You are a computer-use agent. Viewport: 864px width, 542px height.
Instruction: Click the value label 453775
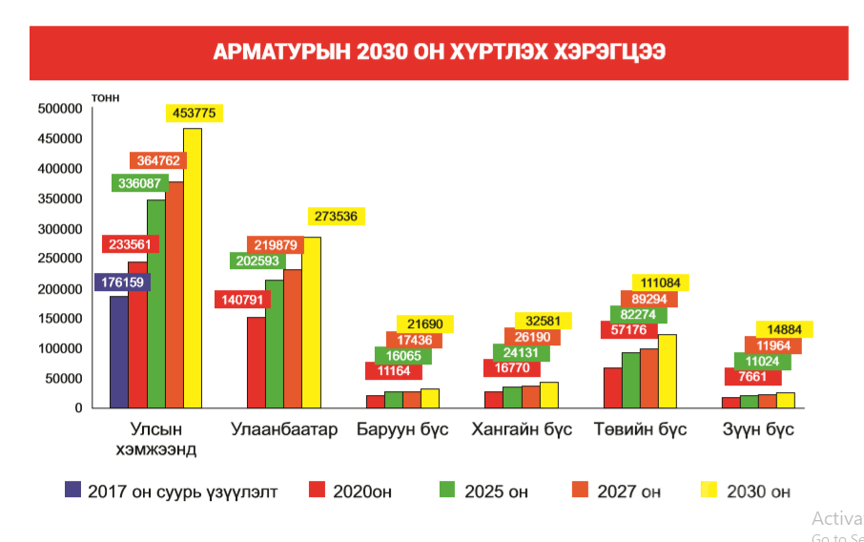pyautogui.click(x=194, y=113)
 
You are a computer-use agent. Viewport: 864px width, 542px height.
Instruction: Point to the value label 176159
pyautogui.click(x=125, y=282)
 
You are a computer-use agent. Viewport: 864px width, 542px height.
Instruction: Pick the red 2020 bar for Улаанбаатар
pyautogui.click(x=256, y=362)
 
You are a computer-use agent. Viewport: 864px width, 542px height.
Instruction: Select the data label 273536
pyautogui.click(x=336, y=217)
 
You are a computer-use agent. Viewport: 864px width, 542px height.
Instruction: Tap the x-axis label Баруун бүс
pyautogui.click(x=402, y=429)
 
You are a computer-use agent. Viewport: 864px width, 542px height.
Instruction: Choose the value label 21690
pyautogui.click(x=426, y=323)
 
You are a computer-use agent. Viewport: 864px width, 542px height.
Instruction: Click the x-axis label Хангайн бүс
pyautogui.click(x=522, y=429)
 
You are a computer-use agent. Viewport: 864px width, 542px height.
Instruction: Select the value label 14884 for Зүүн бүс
pyautogui.click(x=784, y=329)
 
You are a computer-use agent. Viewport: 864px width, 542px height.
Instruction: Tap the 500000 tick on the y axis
pyautogui.click(x=58, y=109)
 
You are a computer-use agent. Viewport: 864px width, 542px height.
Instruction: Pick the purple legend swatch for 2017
pyautogui.click(x=73, y=490)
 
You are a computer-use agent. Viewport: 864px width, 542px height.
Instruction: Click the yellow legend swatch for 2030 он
pyautogui.click(x=707, y=490)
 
